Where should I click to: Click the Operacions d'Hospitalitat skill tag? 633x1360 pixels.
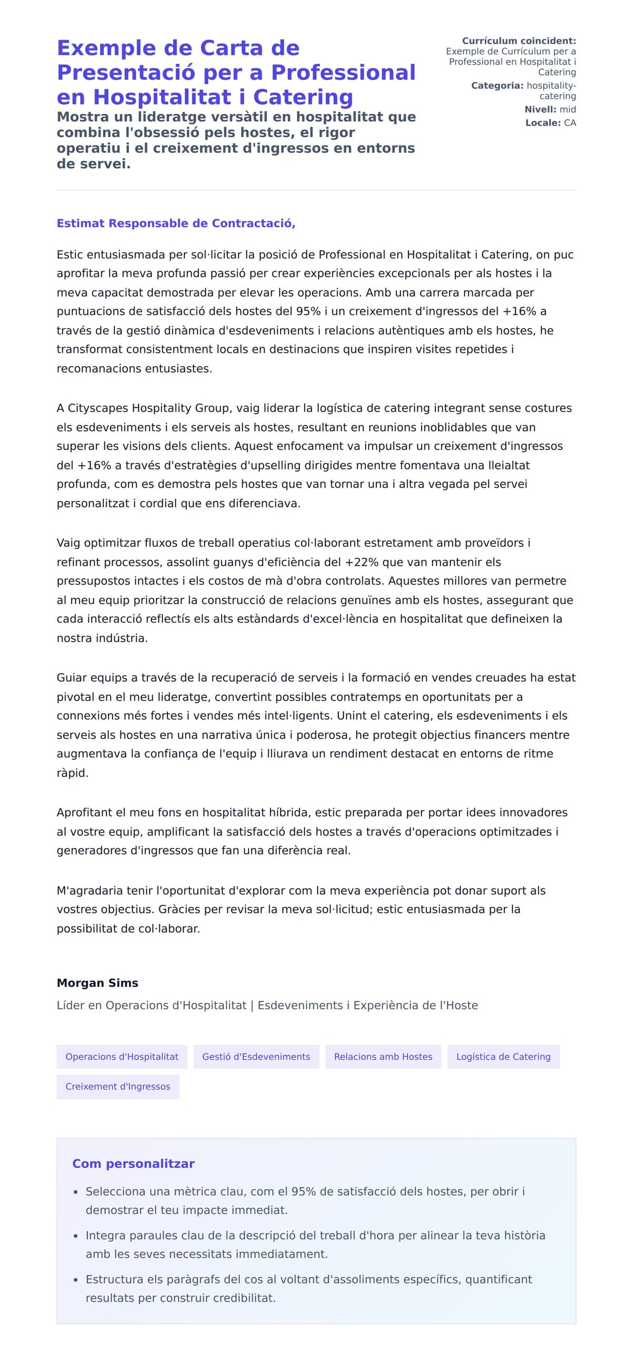(x=121, y=1057)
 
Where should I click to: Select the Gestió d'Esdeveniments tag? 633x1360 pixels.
(x=256, y=1057)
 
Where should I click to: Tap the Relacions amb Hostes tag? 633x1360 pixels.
(x=383, y=1057)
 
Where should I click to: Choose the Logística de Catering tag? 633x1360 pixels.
(x=503, y=1057)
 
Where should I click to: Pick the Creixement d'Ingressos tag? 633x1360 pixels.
(x=118, y=1087)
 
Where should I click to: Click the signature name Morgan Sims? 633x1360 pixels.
(x=97, y=983)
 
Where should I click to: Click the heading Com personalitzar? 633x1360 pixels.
(x=133, y=1164)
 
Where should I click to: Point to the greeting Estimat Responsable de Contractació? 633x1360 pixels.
(x=176, y=223)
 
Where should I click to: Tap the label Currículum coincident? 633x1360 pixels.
(x=519, y=41)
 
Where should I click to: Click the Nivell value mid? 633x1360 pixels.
(x=568, y=109)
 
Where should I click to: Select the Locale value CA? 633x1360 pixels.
(x=570, y=122)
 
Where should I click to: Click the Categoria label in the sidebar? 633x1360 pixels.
(x=497, y=85)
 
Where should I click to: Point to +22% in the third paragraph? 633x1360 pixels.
(x=362, y=562)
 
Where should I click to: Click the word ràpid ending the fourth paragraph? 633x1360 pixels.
(x=72, y=773)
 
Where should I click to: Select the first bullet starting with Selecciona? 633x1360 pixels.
(x=304, y=1192)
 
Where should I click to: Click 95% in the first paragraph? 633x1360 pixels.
(x=308, y=311)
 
